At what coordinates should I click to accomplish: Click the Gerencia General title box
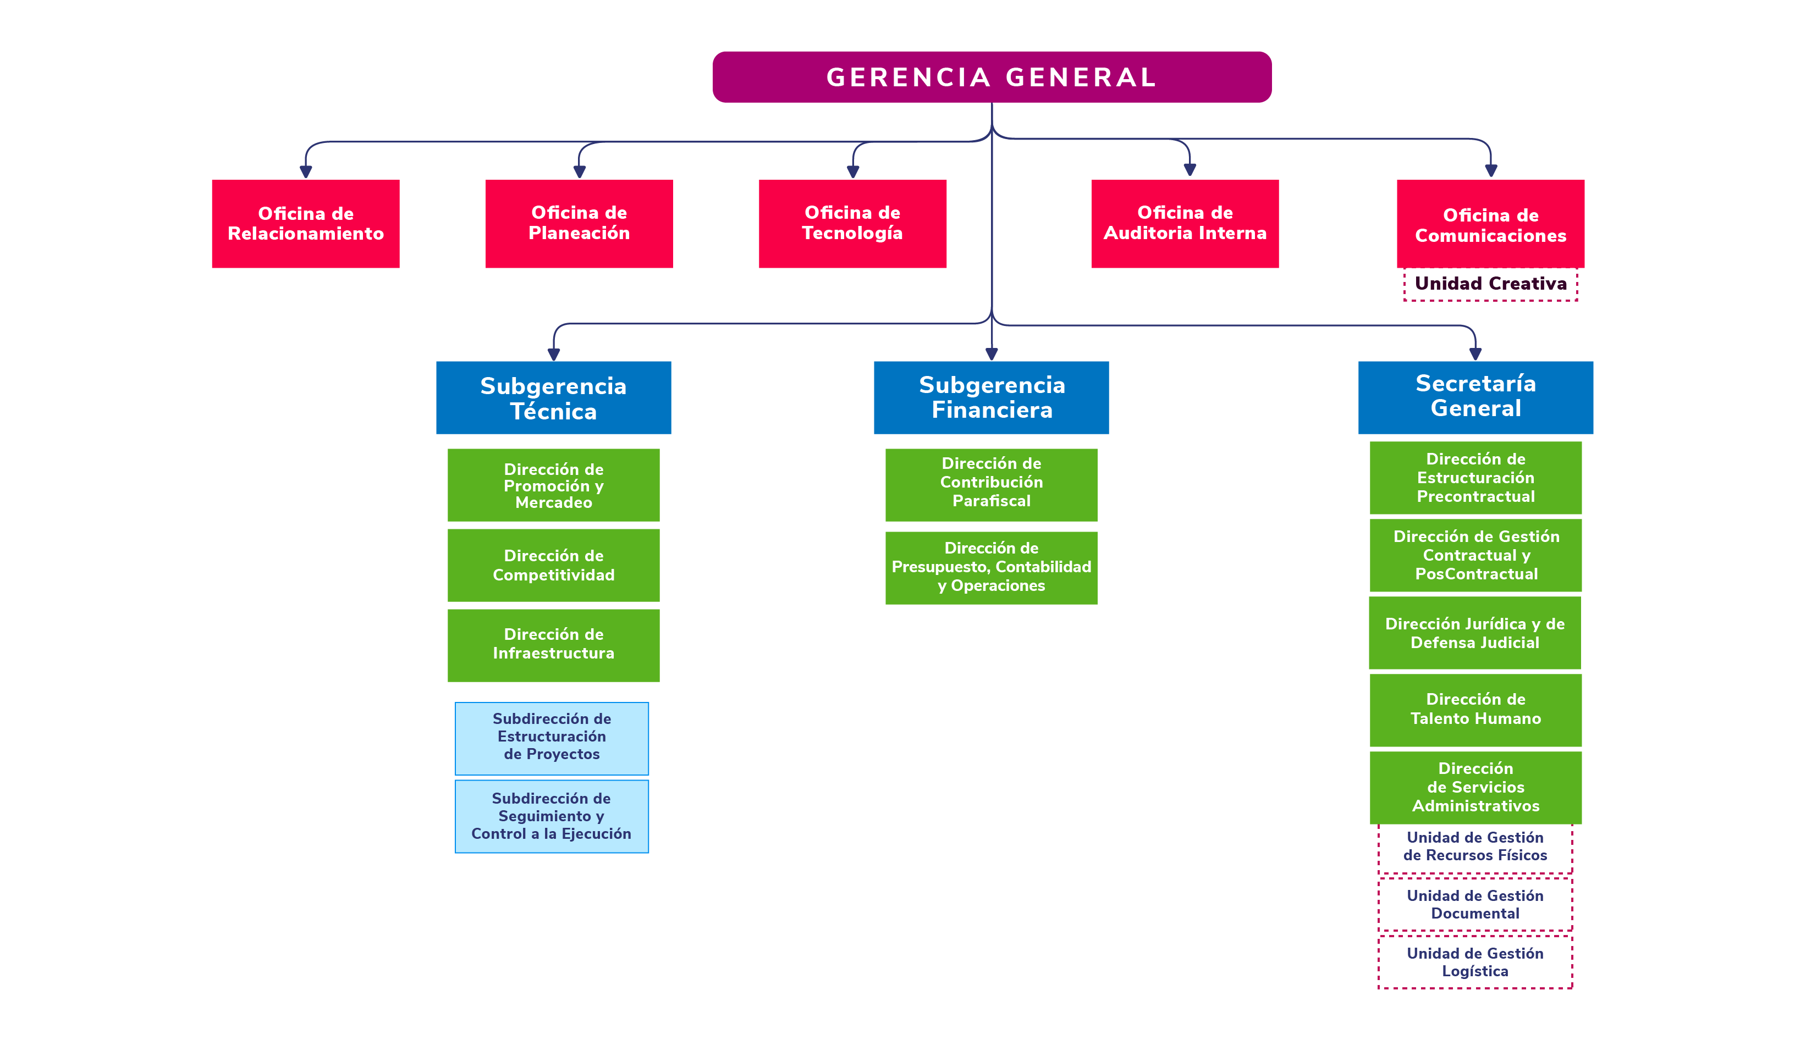992,77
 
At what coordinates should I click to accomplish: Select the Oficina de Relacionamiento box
306,224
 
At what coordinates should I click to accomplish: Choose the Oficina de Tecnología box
852,224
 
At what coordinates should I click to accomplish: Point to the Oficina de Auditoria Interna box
1185,224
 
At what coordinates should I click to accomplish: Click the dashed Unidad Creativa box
1490,284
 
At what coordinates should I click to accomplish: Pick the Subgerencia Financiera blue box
991,398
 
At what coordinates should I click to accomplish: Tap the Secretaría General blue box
1475,398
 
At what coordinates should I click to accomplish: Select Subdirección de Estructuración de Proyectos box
552,738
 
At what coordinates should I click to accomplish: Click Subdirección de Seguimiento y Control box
552,816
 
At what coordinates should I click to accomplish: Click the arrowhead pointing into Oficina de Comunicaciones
1490,171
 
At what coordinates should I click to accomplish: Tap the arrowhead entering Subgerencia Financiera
991,353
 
